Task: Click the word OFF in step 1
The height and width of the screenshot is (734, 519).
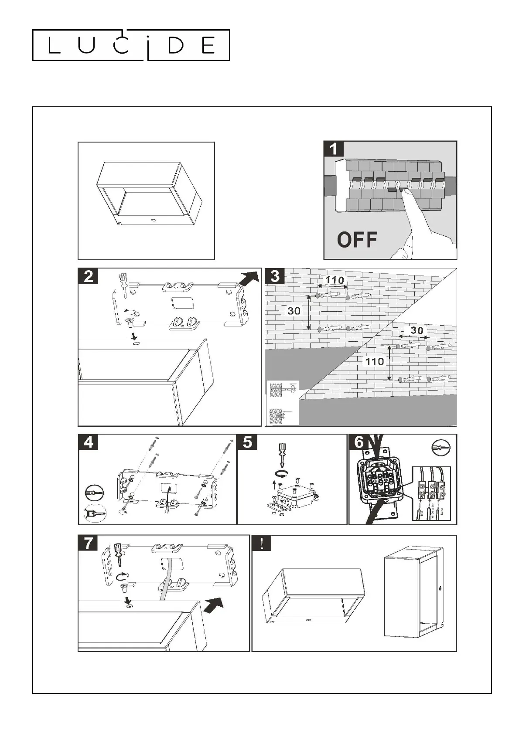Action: (357, 239)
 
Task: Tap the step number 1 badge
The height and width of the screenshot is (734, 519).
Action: (334, 149)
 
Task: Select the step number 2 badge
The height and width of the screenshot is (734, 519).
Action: (89, 276)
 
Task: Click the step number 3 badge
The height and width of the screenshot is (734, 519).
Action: (275, 276)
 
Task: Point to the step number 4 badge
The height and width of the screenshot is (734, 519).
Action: (89, 442)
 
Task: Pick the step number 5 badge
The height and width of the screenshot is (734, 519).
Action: (247, 442)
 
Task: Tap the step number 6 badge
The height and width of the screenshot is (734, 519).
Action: (359, 442)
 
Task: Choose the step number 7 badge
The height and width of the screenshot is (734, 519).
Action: (89, 543)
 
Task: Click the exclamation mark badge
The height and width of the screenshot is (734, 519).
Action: (262, 543)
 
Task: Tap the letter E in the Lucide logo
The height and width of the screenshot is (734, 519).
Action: (208, 45)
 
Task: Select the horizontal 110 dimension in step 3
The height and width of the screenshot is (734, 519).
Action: (335, 280)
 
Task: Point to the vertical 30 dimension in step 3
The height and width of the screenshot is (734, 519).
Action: (294, 311)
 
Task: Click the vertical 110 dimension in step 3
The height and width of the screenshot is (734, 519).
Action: (374, 361)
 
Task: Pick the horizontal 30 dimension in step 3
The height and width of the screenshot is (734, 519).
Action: (417, 330)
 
